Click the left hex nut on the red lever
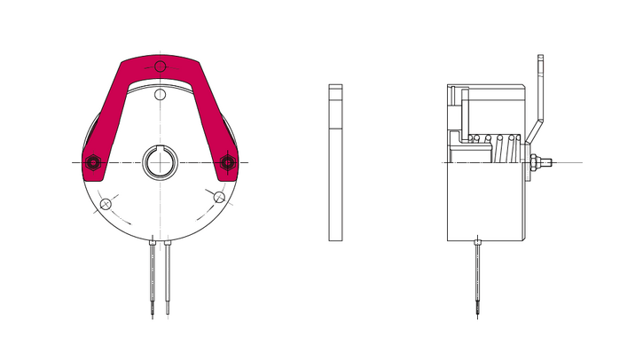click(92, 162)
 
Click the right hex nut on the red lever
click(227, 162)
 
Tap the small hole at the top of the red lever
click(160, 67)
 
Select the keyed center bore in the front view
click(160, 162)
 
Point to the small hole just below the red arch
click(160, 95)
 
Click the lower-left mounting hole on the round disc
click(106, 204)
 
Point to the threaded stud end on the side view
click(550, 162)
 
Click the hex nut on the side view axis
click(536, 162)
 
